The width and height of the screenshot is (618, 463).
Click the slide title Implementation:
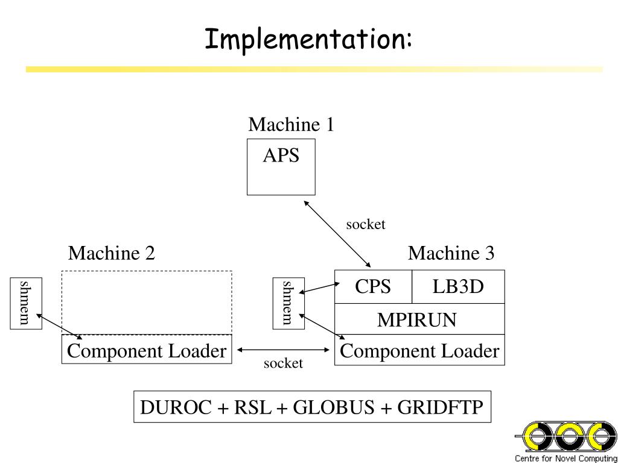308,40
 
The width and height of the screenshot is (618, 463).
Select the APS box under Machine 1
281,166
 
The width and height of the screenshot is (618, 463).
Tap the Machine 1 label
291,124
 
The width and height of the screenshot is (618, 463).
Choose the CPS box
373,286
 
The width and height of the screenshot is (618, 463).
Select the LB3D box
458,286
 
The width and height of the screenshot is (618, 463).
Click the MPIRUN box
419,319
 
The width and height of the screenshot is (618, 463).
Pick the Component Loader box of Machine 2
147,349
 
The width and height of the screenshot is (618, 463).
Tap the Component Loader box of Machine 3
419,350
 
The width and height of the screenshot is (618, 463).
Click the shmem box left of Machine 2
25,303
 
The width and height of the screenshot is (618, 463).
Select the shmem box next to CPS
288,303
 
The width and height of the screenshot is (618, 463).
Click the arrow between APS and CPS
337,234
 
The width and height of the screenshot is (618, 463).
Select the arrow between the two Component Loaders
284,350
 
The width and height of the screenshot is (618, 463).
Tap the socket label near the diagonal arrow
365,224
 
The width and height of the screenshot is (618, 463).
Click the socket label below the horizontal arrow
284,363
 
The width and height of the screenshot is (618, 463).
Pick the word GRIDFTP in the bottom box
440,407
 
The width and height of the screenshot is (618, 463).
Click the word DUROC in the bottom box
176,407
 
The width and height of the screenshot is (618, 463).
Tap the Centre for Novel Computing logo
566,442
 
